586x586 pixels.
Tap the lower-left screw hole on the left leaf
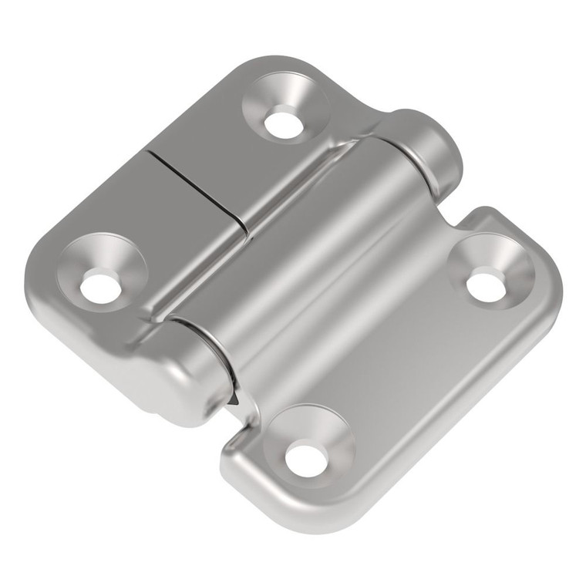(x=99, y=287)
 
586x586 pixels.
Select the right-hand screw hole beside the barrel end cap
(x=485, y=285)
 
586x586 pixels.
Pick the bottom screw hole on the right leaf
(x=304, y=458)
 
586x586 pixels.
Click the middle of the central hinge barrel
(x=308, y=254)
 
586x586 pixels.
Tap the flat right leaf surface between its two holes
(x=401, y=362)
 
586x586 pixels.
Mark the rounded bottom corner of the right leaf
(x=324, y=524)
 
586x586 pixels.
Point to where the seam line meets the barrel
(x=245, y=228)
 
